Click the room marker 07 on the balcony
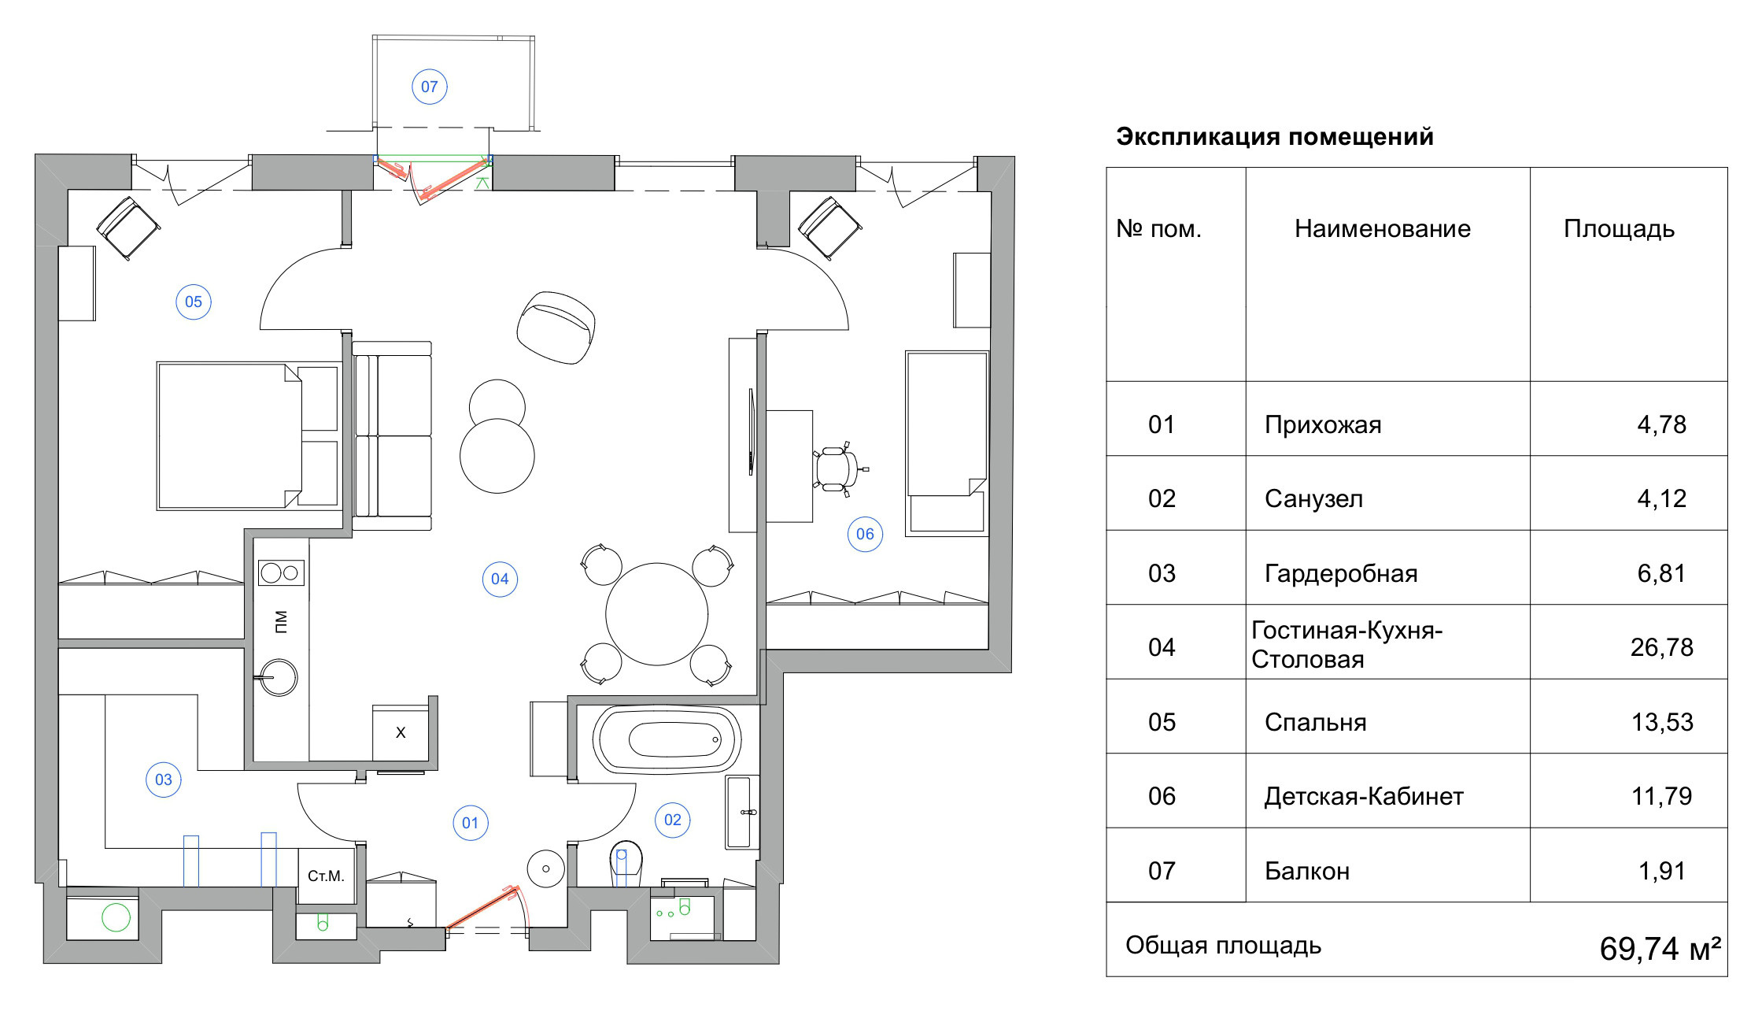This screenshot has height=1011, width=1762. click(x=430, y=87)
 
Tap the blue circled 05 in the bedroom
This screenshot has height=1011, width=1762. click(x=194, y=302)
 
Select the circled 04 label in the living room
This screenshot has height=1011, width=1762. click(x=500, y=580)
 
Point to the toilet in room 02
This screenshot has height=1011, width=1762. click(x=626, y=863)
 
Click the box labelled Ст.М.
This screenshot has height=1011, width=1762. click(x=326, y=876)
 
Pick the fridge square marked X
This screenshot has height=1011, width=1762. click(x=401, y=733)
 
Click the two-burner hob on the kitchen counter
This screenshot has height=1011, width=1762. click(x=281, y=572)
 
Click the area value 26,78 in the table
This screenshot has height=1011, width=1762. click(x=1661, y=647)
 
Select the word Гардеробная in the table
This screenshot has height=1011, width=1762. click(x=1341, y=573)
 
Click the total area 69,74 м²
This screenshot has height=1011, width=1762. click(x=1659, y=949)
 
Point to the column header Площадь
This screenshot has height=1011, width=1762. click(x=1619, y=229)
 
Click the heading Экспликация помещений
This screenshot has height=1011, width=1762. click(x=1275, y=137)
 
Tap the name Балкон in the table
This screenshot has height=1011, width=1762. click(x=1307, y=871)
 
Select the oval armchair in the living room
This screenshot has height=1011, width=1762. click(x=556, y=327)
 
